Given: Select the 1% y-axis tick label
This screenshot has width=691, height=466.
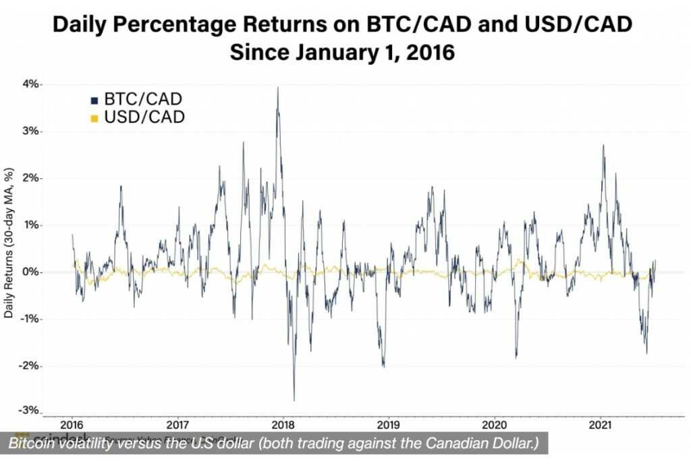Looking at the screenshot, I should pos(31,225).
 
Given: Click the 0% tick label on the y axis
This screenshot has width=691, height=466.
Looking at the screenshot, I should pos(31,272).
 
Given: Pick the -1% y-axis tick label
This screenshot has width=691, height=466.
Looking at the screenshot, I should pos(30,319).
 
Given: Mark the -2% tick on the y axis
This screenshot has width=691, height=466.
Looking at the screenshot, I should pos(30,366).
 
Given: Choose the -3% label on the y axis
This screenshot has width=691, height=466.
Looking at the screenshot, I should pos(30,411).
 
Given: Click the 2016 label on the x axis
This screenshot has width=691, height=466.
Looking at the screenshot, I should pos(72,425).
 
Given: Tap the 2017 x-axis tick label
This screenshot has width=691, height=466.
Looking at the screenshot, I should pos(177,425).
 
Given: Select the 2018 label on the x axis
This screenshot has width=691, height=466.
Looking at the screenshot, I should pos(282,425).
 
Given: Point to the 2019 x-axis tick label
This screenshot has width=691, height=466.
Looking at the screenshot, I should pos(388,425).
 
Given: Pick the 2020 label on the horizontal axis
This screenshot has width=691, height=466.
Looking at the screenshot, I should pos(494,425).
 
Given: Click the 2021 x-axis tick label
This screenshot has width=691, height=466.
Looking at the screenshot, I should pos(600,425).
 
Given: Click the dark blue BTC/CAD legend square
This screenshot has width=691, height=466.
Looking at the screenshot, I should pos(95,101).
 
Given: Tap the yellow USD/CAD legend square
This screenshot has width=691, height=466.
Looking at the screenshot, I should pos(95,119).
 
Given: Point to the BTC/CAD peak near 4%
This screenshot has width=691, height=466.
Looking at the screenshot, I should pos(277,88).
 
